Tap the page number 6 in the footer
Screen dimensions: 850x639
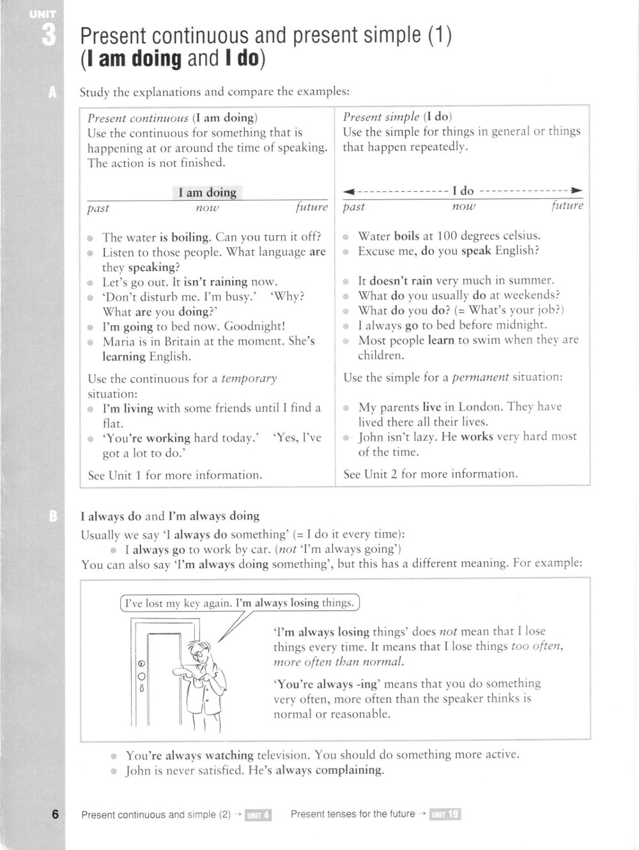coord(56,814)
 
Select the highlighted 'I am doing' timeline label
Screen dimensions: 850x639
coord(207,192)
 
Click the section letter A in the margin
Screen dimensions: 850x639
coord(52,93)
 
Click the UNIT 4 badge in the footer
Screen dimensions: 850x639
coord(259,814)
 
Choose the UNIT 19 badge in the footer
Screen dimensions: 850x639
coord(445,814)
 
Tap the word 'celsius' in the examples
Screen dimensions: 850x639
coord(518,236)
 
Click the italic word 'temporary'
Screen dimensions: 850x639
coord(249,378)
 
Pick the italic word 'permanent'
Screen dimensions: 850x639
coord(481,377)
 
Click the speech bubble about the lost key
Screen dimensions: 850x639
coord(240,603)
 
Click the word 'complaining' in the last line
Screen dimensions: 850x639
coord(348,770)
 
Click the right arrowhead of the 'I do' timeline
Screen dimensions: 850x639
coord(577,190)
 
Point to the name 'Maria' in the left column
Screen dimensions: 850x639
coord(119,341)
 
